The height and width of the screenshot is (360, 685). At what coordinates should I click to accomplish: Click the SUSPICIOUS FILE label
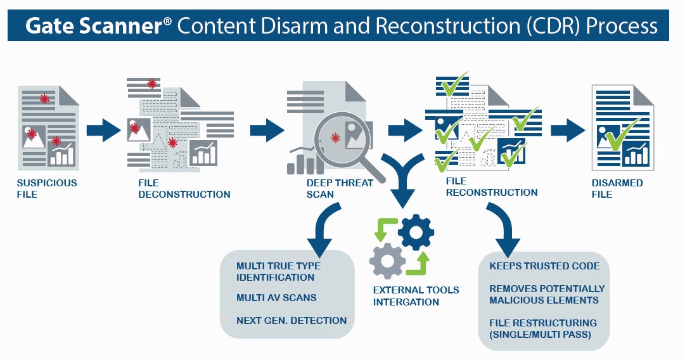point(47,188)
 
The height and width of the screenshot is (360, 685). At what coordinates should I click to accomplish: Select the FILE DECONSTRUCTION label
point(184,188)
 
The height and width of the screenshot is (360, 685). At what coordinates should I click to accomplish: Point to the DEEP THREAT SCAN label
point(340,188)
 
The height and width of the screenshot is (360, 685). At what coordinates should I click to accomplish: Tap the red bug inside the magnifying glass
point(335,138)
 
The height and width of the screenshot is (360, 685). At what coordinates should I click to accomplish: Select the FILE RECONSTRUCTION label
point(492,186)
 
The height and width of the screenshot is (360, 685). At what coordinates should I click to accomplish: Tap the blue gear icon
point(416,233)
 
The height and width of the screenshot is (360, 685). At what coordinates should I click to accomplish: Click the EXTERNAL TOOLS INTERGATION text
point(416,296)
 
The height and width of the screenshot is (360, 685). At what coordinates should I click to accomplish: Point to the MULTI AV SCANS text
point(276,297)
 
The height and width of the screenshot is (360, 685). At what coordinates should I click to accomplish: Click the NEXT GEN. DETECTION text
point(291,320)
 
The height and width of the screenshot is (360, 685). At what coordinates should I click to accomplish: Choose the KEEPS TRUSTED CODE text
point(544,266)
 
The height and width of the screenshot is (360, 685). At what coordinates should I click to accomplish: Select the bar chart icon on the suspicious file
point(61,153)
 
